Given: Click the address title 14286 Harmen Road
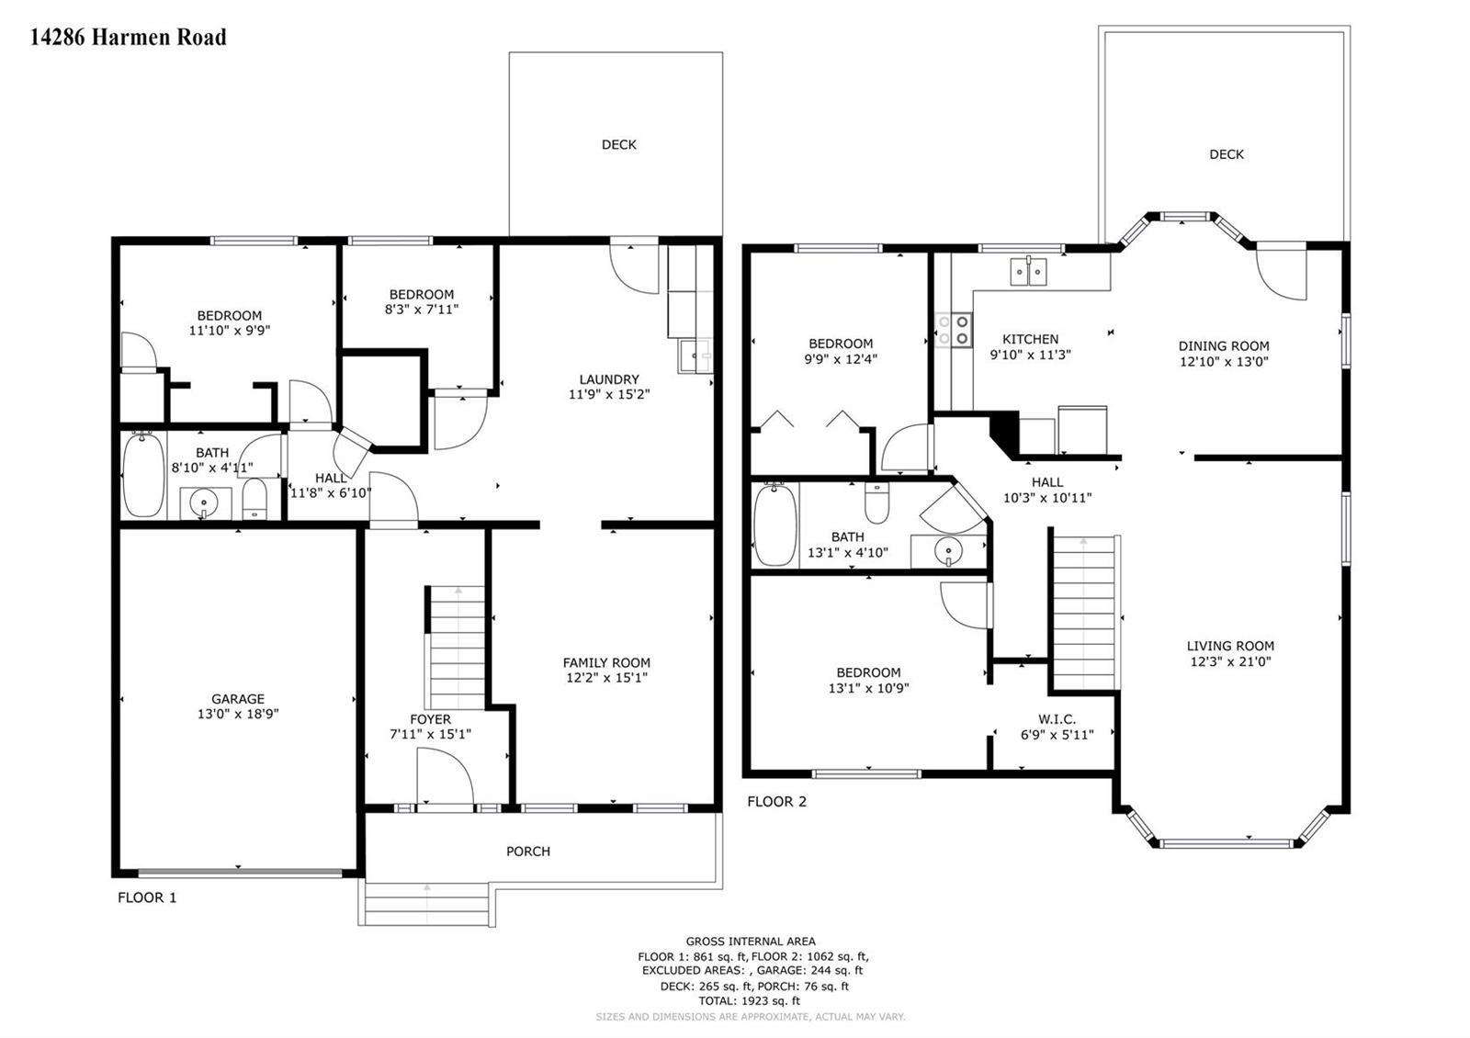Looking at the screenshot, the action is click(x=129, y=37).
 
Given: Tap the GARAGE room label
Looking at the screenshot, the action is click(x=238, y=699).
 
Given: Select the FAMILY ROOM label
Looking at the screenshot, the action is click(x=606, y=662).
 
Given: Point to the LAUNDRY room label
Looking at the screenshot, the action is click(x=609, y=379).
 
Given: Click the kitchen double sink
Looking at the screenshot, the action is click(x=1028, y=272).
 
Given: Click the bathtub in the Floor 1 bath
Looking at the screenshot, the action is click(x=143, y=474).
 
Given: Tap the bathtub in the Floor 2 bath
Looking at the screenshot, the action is click(x=775, y=525).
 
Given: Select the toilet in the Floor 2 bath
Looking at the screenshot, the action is click(x=876, y=502).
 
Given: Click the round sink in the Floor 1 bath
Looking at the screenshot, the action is click(x=203, y=503).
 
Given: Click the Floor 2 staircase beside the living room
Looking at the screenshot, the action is click(x=1085, y=614).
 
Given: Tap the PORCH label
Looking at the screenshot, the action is click(x=528, y=851).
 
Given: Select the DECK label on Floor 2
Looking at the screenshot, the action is click(x=1227, y=154).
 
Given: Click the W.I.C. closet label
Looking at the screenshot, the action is click(x=1057, y=719).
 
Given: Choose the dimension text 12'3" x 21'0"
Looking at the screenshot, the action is click(x=1230, y=661).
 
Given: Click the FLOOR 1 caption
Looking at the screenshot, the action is click(x=147, y=897).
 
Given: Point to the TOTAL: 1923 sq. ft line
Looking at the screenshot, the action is click(x=752, y=1000).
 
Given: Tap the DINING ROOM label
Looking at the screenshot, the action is click(x=1224, y=345).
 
